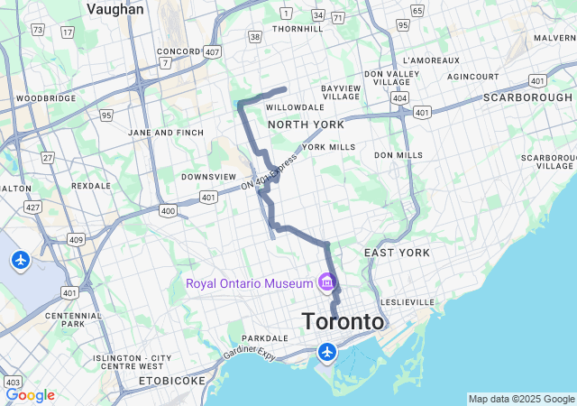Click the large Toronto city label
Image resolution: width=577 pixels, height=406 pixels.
pyautogui.click(x=343, y=322)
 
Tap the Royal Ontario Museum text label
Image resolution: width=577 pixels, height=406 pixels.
pyautogui.click(x=249, y=283)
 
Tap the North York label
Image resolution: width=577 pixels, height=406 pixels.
pyautogui.click(x=305, y=125)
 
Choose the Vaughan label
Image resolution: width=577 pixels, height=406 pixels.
pyautogui.click(x=114, y=9)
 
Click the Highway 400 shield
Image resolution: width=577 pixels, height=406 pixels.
pyautogui.click(x=168, y=210)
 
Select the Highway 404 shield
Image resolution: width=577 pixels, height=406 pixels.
pyautogui.click(x=399, y=97)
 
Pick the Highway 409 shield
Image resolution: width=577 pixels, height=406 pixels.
pyautogui.click(x=76, y=240)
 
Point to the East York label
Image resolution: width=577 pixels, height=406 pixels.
pyautogui.click(x=397, y=253)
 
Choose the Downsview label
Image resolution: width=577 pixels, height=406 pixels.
pyautogui.click(x=208, y=177)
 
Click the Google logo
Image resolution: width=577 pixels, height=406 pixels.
pyautogui.click(x=30, y=395)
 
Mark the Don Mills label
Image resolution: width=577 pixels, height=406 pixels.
pyautogui.click(x=398, y=155)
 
